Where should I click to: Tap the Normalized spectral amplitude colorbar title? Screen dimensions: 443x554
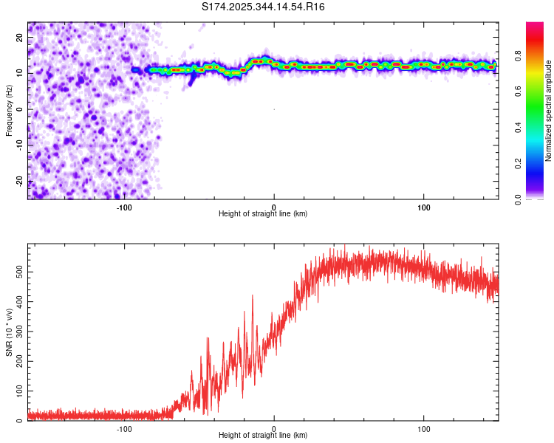point(548,111)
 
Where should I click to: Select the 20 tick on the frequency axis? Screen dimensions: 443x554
point(20,37)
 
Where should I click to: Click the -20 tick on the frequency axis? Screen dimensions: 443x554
point(18,182)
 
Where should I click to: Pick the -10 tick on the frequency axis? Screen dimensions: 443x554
point(18,145)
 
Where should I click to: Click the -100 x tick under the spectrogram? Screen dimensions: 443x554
point(124,207)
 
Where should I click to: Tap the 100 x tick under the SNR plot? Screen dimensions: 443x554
point(424,429)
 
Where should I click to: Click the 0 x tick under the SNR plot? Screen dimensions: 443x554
point(274,429)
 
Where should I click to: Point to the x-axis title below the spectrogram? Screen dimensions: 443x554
point(263,214)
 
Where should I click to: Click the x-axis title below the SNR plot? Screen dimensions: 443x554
point(263,436)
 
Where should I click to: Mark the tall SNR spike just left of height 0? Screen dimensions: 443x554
point(253,296)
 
